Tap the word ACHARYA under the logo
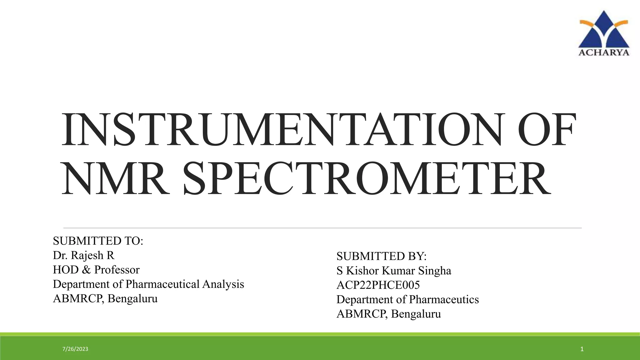[x=604, y=52]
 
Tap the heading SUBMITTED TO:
[x=98, y=241]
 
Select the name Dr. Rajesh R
[x=84, y=255]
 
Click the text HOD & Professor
[x=96, y=270]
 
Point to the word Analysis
[x=223, y=284]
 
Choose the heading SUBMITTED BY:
[x=382, y=256]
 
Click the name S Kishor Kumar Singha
[x=394, y=271]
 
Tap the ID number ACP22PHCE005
[x=378, y=285]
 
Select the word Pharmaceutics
[x=444, y=299]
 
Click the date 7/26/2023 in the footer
[x=75, y=349]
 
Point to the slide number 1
[x=582, y=349]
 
